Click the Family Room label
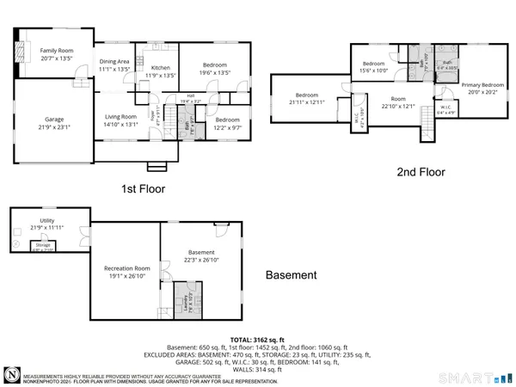53,51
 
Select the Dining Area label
114,61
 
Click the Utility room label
47,220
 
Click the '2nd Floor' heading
421,172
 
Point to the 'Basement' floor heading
290,276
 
